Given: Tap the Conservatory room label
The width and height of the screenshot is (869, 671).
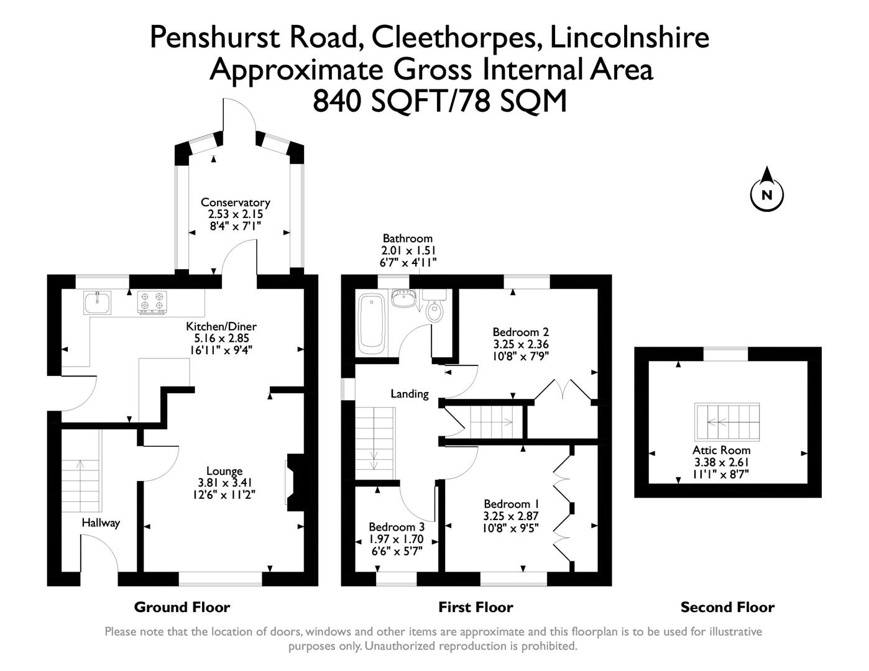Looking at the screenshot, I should (x=235, y=203).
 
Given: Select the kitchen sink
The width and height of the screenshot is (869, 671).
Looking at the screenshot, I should (x=96, y=303).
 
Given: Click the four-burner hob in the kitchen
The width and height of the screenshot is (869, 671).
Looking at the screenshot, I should (x=152, y=302).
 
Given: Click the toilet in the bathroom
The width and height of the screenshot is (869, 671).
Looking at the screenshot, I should (x=434, y=309).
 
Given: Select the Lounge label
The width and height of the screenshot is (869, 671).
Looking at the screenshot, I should (x=224, y=471).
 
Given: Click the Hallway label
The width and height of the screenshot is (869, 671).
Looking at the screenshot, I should (x=101, y=523).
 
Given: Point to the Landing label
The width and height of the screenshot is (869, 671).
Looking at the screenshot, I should (x=409, y=393).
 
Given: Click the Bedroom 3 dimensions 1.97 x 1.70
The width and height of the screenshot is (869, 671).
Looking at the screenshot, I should (x=396, y=539).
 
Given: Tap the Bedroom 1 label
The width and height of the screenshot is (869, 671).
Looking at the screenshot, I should (x=511, y=504).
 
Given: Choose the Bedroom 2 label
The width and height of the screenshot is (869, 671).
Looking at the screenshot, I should (x=520, y=332).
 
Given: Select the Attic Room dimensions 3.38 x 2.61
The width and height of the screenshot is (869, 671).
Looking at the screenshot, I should (x=722, y=462).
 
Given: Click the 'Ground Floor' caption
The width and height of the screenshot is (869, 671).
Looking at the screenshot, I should (x=182, y=607).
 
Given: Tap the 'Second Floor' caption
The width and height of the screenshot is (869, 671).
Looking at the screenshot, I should (x=727, y=607).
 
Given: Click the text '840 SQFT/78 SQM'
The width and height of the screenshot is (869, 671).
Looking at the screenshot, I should (x=439, y=101).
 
